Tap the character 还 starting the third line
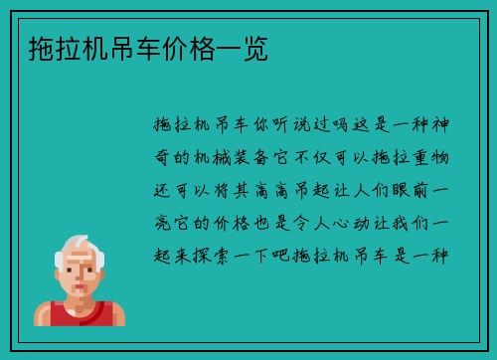[163, 190]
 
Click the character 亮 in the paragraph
[163, 222]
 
